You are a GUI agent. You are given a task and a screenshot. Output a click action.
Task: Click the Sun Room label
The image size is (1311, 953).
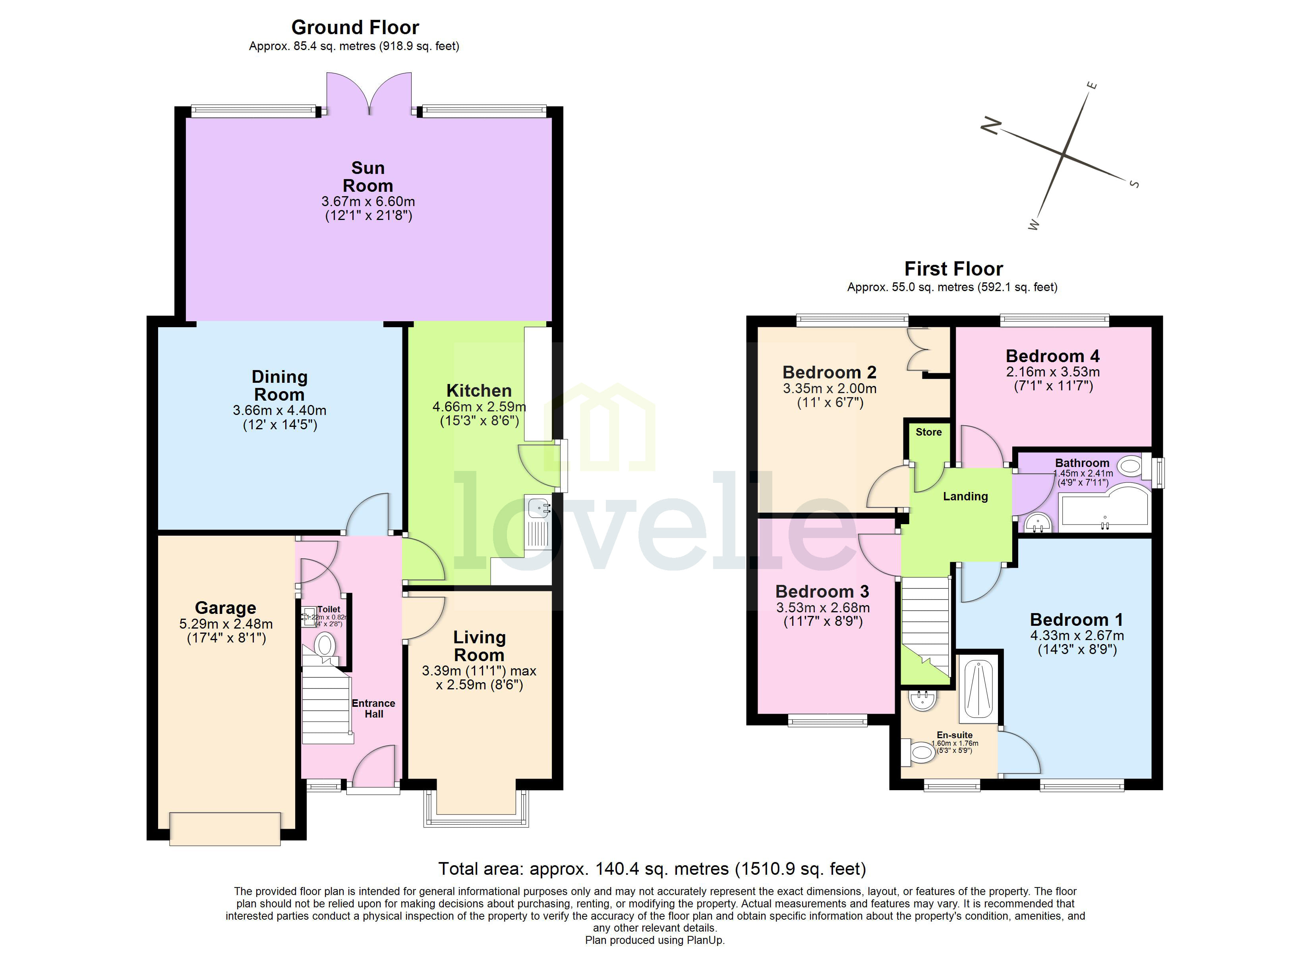point(367,177)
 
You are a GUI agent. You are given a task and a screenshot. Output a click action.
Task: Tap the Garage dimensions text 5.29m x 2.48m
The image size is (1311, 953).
point(226,624)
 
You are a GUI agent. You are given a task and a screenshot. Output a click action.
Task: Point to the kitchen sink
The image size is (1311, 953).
point(538,509)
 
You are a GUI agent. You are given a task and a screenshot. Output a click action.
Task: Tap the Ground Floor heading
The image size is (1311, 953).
point(355,27)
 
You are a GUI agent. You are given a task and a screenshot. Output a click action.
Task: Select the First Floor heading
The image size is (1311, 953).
point(953,269)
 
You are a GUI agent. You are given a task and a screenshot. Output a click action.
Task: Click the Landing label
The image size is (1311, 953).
point(965,496)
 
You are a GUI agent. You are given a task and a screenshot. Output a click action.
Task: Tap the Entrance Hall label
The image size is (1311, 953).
point(373,708)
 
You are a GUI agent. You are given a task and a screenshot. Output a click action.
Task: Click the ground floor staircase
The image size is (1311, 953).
point(327,708)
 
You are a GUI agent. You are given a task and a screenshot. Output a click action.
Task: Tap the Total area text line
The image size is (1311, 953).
point(652,869)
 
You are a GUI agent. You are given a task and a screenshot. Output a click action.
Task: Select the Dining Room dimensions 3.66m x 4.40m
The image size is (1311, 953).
point(279,410)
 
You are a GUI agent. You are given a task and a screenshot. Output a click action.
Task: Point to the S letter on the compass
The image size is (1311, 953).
point(1134,184)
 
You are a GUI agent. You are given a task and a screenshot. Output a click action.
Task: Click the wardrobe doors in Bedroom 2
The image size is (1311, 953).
point(919,350)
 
